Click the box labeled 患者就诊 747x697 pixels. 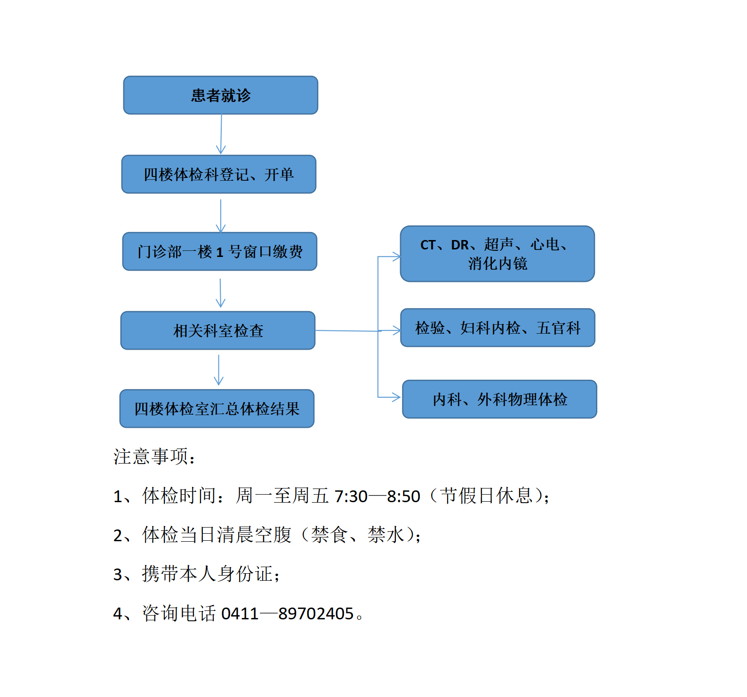220,95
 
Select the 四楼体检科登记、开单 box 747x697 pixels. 219,174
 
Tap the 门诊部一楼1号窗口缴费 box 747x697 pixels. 220,251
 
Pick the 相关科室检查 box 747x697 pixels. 218,330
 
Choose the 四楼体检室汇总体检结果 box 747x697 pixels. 217,409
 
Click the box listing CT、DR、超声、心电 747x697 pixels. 498,254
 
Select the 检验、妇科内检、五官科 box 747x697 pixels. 498,328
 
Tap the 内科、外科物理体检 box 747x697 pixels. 500,399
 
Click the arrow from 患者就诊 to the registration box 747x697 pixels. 221,134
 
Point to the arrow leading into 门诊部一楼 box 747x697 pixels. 221,216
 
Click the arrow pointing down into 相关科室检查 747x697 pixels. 220,293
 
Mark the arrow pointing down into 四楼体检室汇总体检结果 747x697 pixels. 218,370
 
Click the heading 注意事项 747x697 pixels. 151,457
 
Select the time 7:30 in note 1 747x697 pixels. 351,496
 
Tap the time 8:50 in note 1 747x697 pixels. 403,496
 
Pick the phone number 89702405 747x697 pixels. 316,614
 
